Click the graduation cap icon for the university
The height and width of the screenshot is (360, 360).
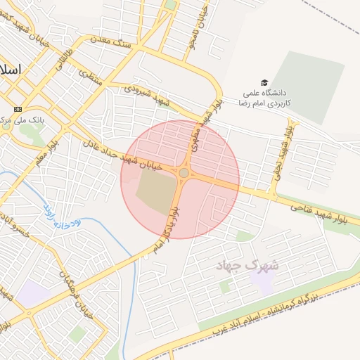point(264,82)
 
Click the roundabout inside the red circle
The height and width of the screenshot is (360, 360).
point(184,173)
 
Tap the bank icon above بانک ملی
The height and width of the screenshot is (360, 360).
point(18,109)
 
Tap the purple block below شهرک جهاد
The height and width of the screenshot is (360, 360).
point(263,282)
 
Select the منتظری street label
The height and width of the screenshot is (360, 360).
point(90,77)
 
